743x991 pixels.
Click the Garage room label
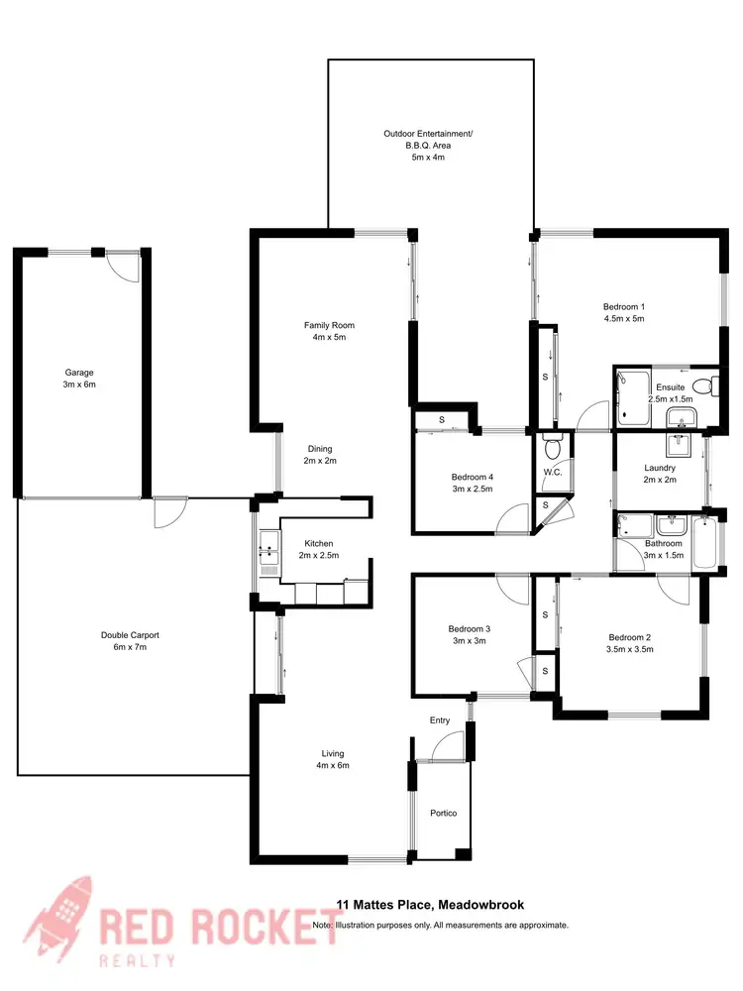point(80,373)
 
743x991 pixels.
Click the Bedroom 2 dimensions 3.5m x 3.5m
point(630,650)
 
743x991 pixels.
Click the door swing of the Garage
point(123,266)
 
